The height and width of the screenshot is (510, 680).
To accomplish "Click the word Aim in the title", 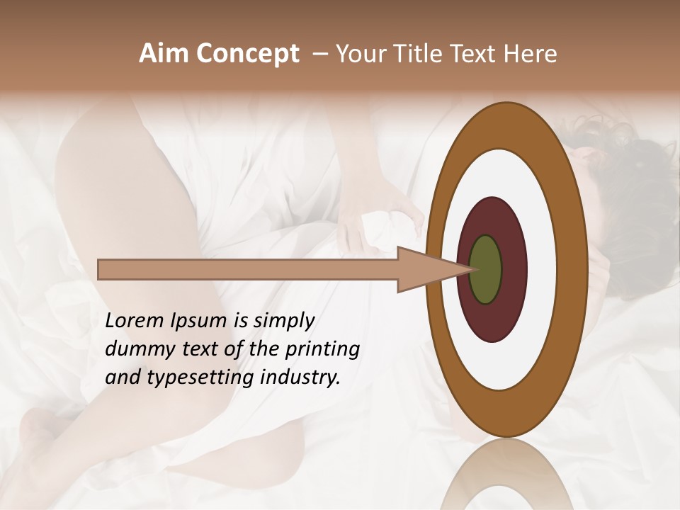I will tap(164, 54).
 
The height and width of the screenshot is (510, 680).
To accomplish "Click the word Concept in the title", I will tap(247, 54).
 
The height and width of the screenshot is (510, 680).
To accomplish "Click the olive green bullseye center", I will tap(485, 269).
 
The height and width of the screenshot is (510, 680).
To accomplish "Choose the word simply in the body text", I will tap(283, 321).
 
